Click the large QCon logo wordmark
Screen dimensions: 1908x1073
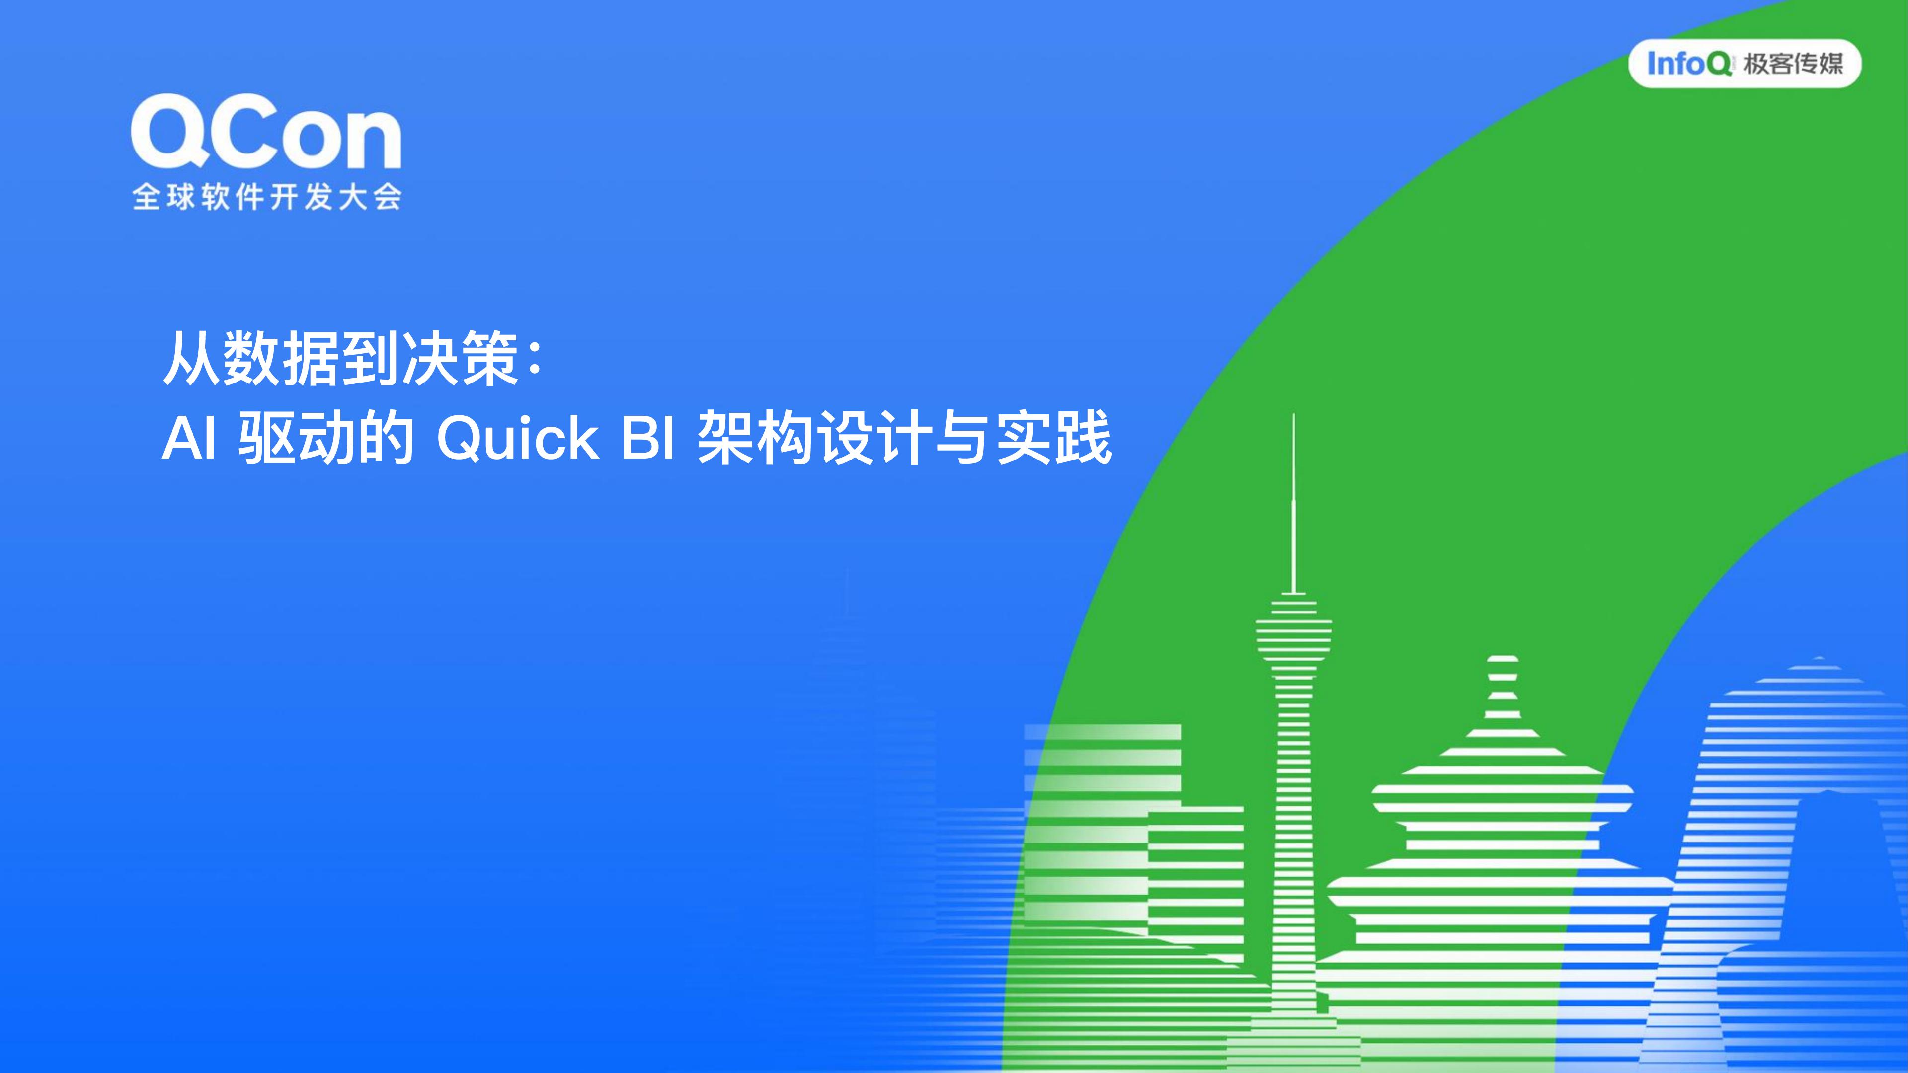click(x=266, y=132)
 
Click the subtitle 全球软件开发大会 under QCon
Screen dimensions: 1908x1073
click(x=267, y=197)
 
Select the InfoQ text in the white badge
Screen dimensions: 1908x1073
click(x=1689, y=64)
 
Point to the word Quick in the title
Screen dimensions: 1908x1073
click(x=518, y=438)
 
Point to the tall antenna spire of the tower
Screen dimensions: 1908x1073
click(x=1294, y=504)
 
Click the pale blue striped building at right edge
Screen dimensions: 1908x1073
click(x=1800, y=851)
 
